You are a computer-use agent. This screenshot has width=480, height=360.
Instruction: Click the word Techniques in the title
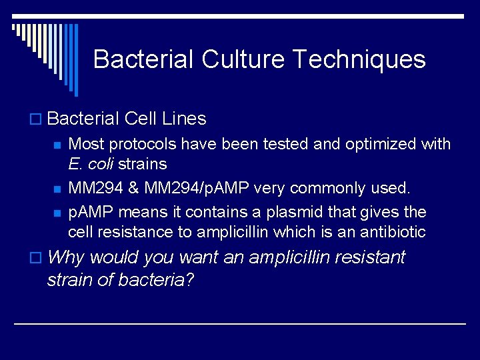[359, 59]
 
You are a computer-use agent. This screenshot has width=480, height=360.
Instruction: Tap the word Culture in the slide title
[244, 59]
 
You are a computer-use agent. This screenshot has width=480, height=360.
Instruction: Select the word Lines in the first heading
[184, 119]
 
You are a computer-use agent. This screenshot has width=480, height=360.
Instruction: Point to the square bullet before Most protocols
[58, 145]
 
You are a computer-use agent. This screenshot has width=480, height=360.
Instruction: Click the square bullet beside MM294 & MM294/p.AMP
[58, 189]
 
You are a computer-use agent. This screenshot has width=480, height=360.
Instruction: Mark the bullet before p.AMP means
[58, 213]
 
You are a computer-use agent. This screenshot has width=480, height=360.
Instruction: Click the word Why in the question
[67, 257]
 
